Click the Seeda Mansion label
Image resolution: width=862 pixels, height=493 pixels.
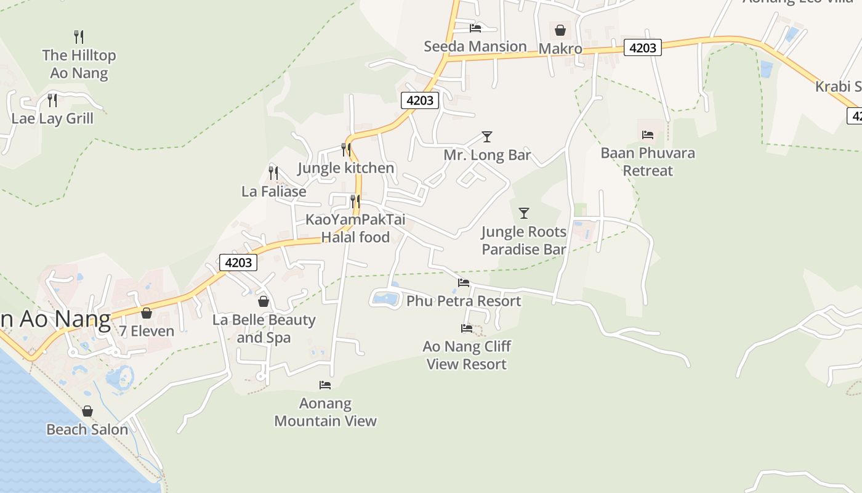pyautogui.click(x=475, y=46)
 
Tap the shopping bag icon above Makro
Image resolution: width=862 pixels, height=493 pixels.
pyautogui.click(x=560, y=30)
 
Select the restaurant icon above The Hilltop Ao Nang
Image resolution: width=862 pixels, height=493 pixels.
pyautogui.click(x=79, y=37)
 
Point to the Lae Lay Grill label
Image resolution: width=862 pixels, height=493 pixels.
pyautogui.click(x=52, y=118)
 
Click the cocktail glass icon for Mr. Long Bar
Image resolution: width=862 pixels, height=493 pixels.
pyautogui.click(x=487, y=137)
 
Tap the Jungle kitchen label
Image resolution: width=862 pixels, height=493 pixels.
pyautogui.click(x=345, y=168)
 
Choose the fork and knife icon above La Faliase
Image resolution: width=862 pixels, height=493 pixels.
pyautogui.click(x=273, y=173)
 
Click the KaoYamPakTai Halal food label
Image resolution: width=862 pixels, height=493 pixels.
pyautogui.click(x=355, y=228)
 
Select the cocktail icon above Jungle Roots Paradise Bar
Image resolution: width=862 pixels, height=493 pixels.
pyautogui.click(x=524, y=213)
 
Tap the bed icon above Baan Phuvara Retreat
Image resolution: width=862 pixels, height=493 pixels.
pyautogui.click(x=648, y=135)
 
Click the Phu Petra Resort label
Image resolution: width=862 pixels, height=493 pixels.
pyautogui.click(x=464, y=301)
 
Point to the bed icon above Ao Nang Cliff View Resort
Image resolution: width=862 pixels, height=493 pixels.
pyautogui.click(x=467, y=328)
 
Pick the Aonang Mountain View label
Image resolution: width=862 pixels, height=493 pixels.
pyautogui.click(x=325, y=412)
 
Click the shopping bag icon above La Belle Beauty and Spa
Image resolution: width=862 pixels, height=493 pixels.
pyautogui.click(x=264, y=301)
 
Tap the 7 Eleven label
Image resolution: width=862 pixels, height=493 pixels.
pyautogui.click(x=147, y=331)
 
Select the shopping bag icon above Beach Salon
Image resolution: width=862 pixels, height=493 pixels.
pyautogui.click(x=87, y=411)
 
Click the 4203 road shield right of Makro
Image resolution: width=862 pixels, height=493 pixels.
pyautogui.click(x=642, y=47)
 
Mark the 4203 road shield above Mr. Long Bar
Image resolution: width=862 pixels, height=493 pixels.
pyautogui.click(x=420, y=100)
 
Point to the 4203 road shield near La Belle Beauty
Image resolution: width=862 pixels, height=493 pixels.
pyautogui.click(x=238, y=263)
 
